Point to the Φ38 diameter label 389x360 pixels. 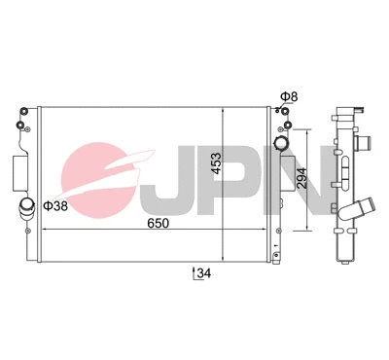56,205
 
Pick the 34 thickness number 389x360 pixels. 202,273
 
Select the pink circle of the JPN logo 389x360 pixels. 107,180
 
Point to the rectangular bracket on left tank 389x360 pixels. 19,172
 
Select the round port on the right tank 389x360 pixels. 283,144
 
